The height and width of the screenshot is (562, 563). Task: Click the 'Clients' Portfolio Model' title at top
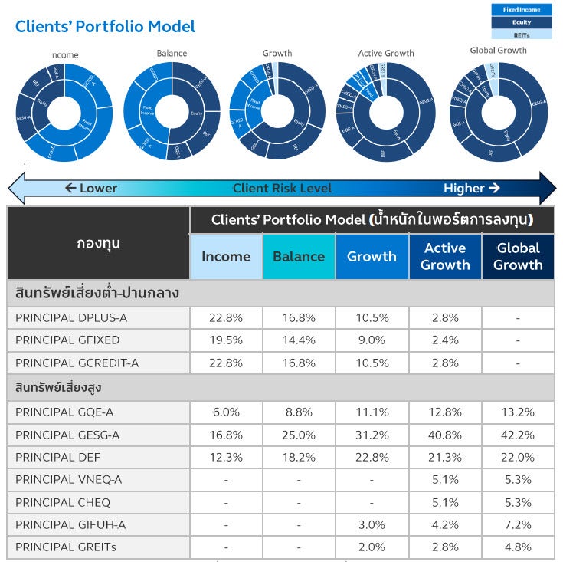[x=106, y=27]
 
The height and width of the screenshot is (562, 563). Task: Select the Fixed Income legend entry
[x=521, y=10]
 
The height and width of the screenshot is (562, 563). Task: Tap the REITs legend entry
[x=521, y=35]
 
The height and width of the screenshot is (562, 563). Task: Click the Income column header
[x=226, y=256]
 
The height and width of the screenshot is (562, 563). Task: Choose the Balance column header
[x=299, y=256]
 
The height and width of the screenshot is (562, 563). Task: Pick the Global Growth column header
[x=518, y=256]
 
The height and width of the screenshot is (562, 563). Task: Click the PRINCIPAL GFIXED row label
[x=67, y=340]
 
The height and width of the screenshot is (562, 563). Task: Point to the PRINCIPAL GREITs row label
[x=66, y=547]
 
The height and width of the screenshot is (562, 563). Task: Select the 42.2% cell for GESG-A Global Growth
[x=518, y=435]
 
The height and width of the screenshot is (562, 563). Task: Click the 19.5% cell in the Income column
[x=226, y=340]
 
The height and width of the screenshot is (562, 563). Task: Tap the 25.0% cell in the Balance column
[x=299, y=435]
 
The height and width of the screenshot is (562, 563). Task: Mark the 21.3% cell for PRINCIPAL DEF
[x=445, y=457]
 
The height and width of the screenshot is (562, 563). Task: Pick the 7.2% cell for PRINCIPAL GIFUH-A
[x=518, y=525]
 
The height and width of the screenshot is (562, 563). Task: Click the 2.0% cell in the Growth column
[x=372, y=547]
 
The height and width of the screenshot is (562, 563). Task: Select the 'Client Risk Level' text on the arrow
[x=283, y=188]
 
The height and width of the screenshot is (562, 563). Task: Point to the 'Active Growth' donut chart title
[x=386, y=53]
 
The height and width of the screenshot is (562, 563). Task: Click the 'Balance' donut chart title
[x=172, y=54]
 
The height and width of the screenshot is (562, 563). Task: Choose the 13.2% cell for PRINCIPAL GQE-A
[x=518, y=412]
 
